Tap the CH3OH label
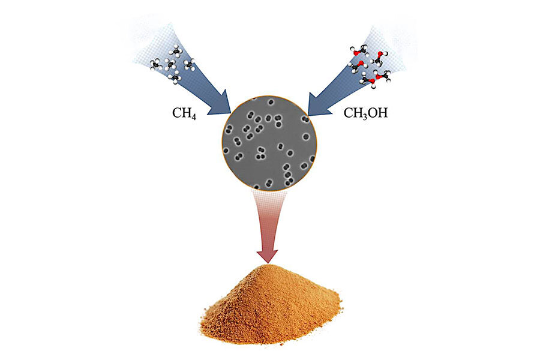point(365,112)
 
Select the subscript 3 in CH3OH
point(362,115)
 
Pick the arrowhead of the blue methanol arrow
point(319,103)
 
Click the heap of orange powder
point(270,306)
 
